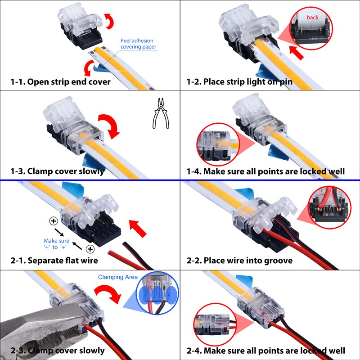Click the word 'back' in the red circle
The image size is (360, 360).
[312, 18]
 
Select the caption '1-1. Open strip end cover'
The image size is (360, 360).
[60, 82]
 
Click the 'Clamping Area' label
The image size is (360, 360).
[118, 277]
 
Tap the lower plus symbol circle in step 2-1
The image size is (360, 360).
[90, 249]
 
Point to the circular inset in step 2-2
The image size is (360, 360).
[331, 207]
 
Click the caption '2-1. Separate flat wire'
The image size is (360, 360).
[54, 261]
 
